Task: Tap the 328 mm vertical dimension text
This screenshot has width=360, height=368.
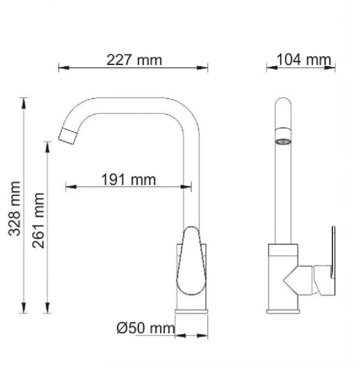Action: click(x=17, y=209)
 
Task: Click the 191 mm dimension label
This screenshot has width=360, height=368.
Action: click(x=128, y=179)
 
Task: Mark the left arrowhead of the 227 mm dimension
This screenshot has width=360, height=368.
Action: click(x=61, y=67)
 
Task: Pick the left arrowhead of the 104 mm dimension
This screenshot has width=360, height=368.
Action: click(x=269, y=67)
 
